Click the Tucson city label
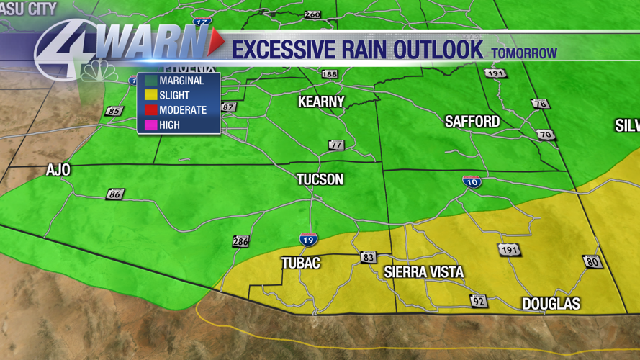(320, 179)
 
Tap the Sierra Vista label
(423, 272)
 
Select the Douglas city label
(551, 304)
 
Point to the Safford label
(472, 122)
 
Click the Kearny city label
(321, 102)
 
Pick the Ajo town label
(58, 170)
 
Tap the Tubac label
(300, 264)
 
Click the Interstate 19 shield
(308, 239)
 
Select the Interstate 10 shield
(472, 181)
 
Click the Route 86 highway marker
(114, 194)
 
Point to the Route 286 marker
(240, 241)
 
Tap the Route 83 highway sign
(369, 257)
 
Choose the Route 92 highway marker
(478, 301)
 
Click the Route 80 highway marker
(592, 261)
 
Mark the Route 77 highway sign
(335, 145)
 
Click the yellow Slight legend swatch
(150, 95)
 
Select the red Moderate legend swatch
(150, 110)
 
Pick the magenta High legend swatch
(150, 125)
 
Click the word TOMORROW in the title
(524, 53)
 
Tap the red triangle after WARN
(215, 45)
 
